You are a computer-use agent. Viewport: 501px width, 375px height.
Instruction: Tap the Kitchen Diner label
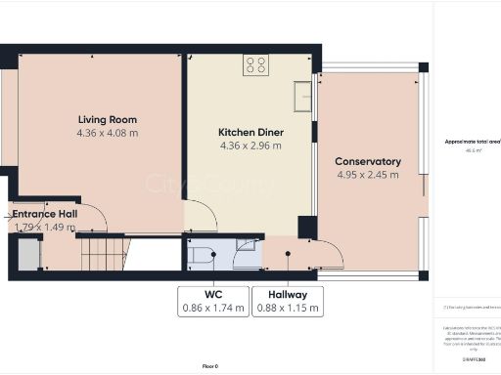pyautogui.click(x=250, y=132)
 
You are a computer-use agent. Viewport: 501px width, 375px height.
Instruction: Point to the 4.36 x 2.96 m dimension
pyautogui.click(x=250, y=146)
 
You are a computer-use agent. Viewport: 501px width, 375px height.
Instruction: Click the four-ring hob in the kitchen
pyautogui.click(x=256, y=65)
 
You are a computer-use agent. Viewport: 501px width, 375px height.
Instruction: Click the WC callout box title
pyautogui.click(x=210, y=294)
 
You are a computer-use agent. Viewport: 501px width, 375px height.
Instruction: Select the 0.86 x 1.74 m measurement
pyautogui.click(x=210, y=308)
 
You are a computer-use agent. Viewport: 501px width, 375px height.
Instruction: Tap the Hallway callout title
pyautogui.click(x=287, y=294)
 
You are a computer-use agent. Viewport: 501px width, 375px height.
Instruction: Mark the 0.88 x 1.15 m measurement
pyautogui.click(x=287, y=308)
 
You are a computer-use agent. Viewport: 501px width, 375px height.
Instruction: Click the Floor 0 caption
pyautogui.click(x=210, y=365)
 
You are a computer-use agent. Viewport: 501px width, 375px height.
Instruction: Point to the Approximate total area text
pyautogui.click(x=472, y=142)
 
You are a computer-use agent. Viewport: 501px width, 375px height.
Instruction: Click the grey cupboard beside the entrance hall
pyautogui.click(x=23, y=255)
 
